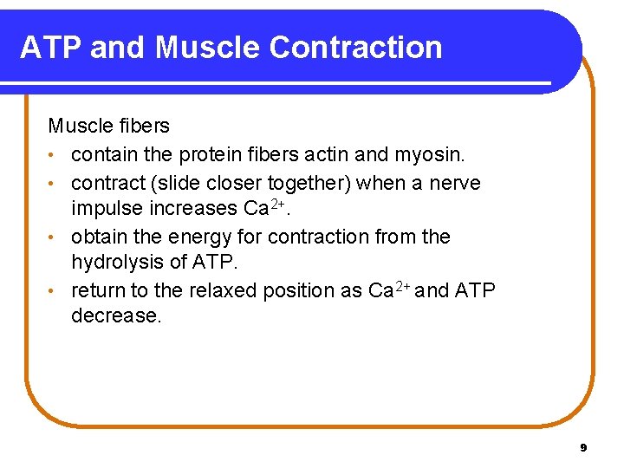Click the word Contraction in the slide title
pyautogui.click(x=355, y=48)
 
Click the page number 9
pyautogui.click(x=583, y=448)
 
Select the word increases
pyautogui.click(x=192, y=209)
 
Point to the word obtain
pyautogui.click(x=101, y=237)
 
